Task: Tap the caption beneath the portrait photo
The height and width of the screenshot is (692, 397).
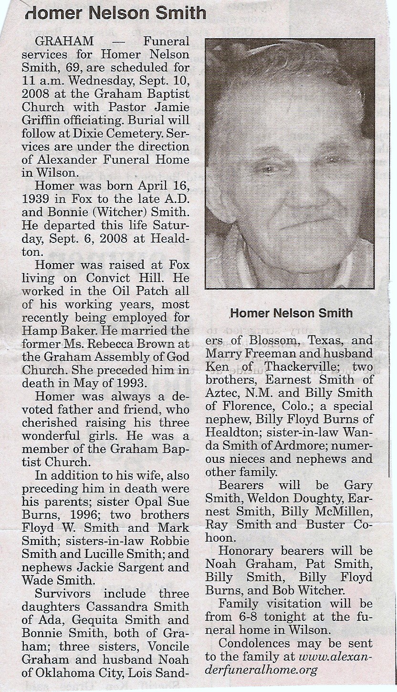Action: (291, 313)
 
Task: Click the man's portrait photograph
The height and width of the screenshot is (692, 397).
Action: (290, 164)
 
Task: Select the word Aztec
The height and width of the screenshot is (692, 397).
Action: (223, 393)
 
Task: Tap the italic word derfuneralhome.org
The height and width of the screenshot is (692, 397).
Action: (261, 670)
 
